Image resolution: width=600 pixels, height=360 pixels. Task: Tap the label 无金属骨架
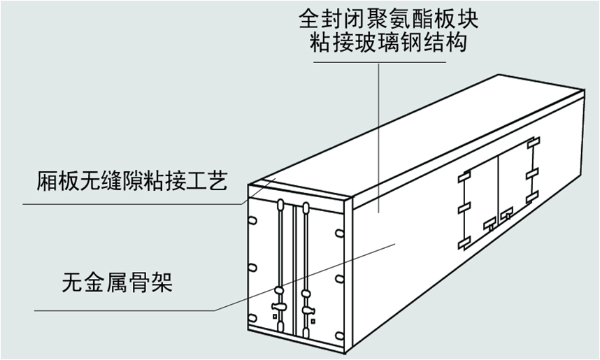tap(116, 283)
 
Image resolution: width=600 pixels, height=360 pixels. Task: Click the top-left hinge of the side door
tap(462, 178)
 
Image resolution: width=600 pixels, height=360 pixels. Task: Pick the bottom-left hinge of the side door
tap(464, 243)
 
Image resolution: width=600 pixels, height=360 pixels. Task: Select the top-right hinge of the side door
tap(533, 143)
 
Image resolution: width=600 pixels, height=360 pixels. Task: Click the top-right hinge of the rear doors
tap(339, 233)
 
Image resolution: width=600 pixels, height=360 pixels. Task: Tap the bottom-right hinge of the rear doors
tap(339, 329)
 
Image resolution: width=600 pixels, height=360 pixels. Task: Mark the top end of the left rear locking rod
tap(279, 204)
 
